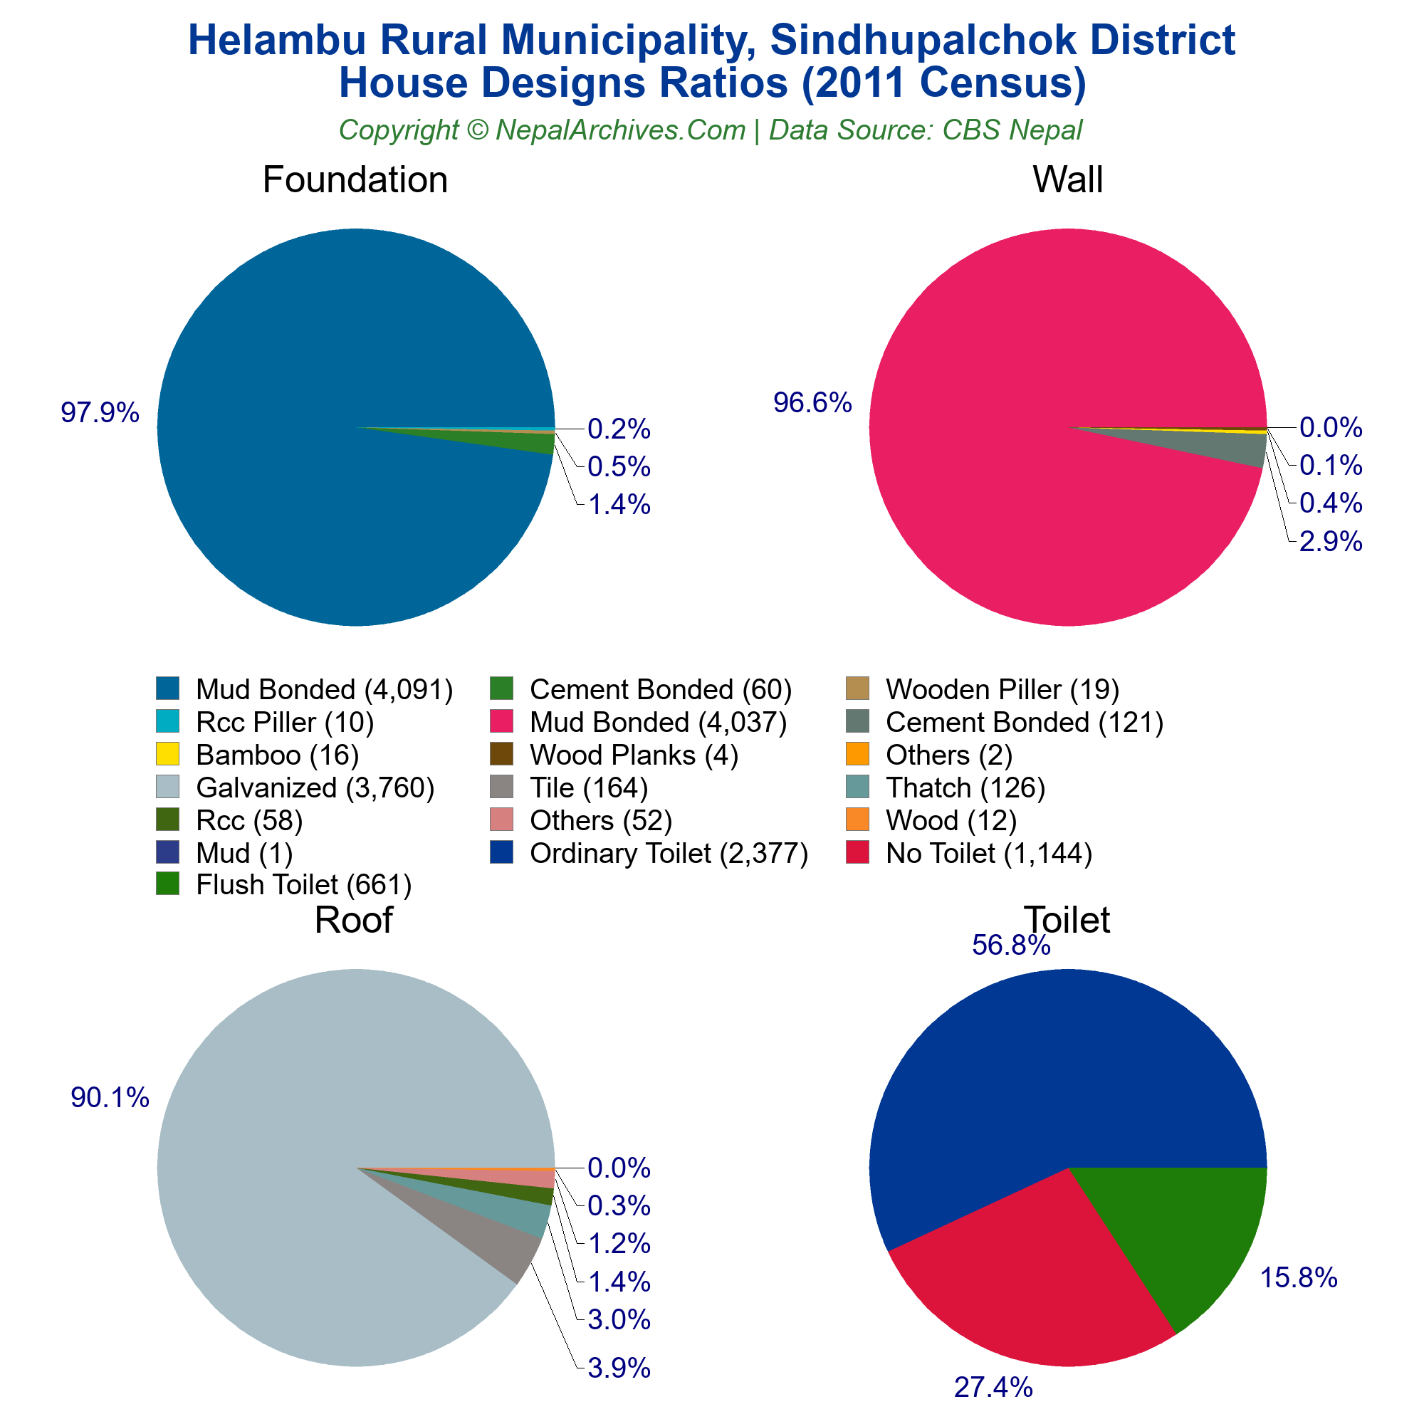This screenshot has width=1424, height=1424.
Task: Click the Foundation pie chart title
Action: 355,180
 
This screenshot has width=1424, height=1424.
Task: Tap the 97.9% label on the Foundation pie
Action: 100,413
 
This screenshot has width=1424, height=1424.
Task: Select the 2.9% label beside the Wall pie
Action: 1331,542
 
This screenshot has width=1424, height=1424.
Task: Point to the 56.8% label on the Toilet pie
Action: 1010,946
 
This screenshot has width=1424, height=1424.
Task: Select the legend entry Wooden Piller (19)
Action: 1002,689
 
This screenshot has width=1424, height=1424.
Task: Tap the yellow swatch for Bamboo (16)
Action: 168,754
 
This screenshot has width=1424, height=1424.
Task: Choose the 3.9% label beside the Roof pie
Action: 619,1368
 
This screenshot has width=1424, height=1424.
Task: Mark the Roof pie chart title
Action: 353,920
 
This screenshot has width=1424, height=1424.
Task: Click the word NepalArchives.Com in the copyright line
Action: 620,130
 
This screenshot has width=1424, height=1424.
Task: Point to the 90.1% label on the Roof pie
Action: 110,1097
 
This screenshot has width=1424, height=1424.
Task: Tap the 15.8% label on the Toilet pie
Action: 1298,1277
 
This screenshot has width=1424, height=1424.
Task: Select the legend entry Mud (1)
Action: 244,853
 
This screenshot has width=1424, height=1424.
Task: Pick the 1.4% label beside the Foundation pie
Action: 619,505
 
